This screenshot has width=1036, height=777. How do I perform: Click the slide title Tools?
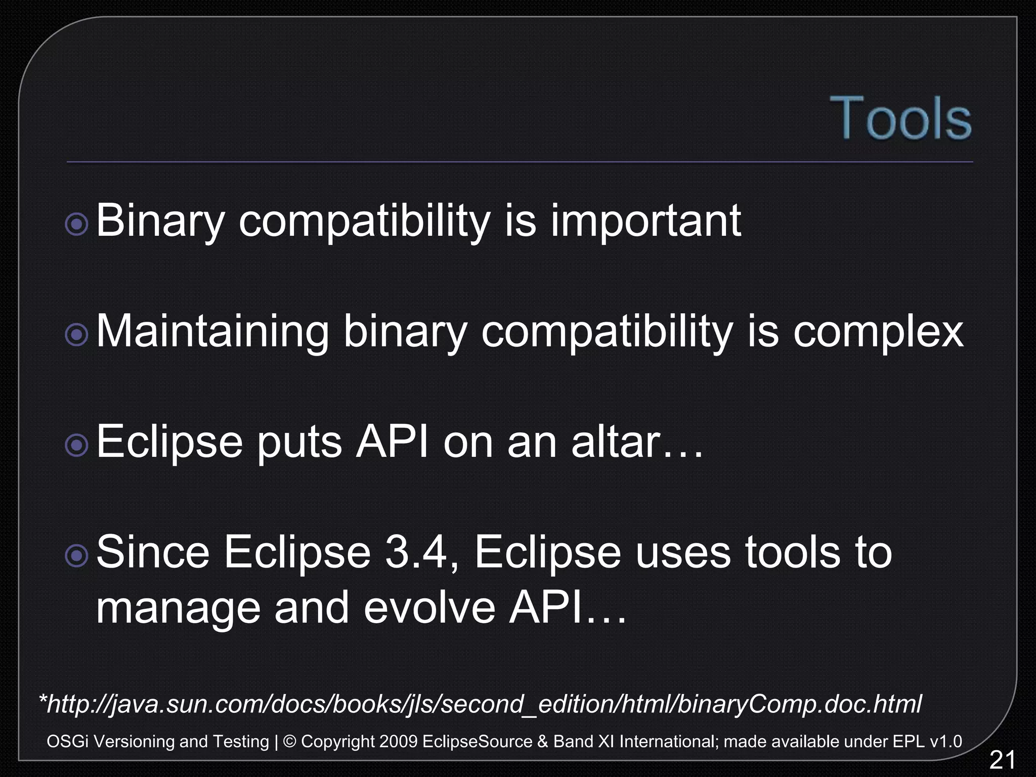[x=900, y=118]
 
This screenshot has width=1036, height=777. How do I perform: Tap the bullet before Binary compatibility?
[x=77, y=224]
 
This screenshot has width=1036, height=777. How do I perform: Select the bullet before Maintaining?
[x=77, y=334]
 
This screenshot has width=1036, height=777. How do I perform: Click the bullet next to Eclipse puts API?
[x=77, y=445]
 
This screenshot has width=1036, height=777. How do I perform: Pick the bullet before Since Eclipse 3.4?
[x=77, y=555]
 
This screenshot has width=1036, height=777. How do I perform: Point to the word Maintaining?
[x=212, y=332]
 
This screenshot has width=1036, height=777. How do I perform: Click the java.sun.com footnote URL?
[x=481, y=704]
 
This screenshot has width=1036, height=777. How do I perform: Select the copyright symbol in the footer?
[x=290, y=742]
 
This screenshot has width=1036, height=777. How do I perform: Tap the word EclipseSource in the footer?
[x=477, y=742]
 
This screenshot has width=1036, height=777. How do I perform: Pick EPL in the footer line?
[x=909, y=742]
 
